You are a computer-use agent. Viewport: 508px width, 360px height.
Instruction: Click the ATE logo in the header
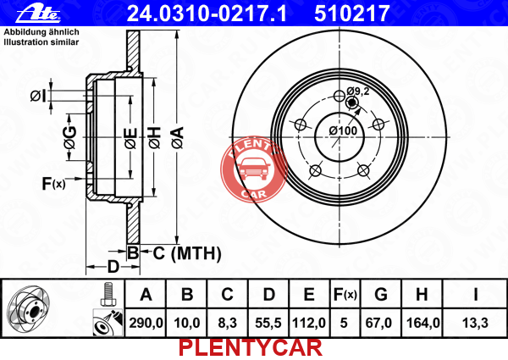[38, 14]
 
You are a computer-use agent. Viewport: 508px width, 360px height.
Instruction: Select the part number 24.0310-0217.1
[207, 14]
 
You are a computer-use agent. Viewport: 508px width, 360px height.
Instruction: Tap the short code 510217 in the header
[351, 14]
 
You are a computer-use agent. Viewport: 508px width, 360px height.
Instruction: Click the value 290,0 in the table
[146, 323]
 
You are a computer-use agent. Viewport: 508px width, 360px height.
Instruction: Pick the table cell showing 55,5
[268, 323]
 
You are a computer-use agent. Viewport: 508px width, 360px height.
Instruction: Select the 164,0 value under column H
[422, 323]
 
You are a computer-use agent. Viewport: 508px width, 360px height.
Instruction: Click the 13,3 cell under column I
[475, 323]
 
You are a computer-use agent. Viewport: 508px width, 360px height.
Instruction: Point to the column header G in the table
[381, 295]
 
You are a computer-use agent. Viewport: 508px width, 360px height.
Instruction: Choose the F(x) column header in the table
[345, 295]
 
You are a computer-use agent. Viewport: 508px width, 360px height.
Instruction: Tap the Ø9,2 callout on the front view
[357, 91]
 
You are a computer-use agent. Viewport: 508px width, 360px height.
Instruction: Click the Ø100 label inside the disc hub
[343, 130]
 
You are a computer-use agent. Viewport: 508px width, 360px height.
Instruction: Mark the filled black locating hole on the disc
[351, 103]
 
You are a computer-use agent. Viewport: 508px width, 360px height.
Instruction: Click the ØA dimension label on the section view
[178, 138]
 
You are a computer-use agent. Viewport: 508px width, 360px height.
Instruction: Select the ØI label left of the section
[39, 96]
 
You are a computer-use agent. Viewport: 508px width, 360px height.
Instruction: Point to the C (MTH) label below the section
[187, 253]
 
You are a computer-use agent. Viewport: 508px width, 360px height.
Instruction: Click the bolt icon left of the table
[108, 294]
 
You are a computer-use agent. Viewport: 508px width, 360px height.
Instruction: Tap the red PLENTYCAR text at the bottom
[251, 348]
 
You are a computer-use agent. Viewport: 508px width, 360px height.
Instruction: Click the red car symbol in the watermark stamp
[253, 169]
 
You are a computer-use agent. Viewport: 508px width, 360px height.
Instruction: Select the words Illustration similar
[41, 42]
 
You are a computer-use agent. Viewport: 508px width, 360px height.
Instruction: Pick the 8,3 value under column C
[228, 323]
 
